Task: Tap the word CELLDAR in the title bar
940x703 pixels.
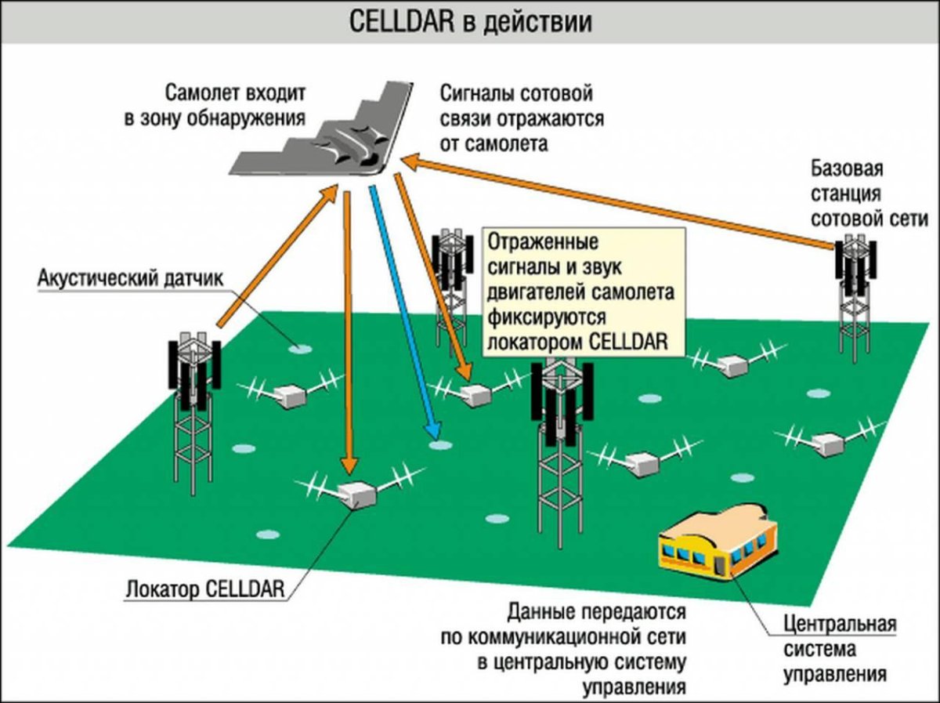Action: pos(399,21)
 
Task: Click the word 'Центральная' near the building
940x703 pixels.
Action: pos(839,625)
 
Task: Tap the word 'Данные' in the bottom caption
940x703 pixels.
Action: pos(540,611)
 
